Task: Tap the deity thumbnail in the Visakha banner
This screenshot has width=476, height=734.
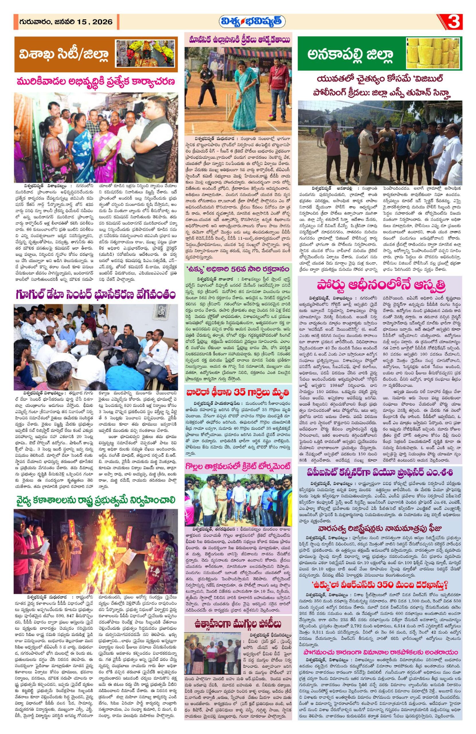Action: (146, 54)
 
